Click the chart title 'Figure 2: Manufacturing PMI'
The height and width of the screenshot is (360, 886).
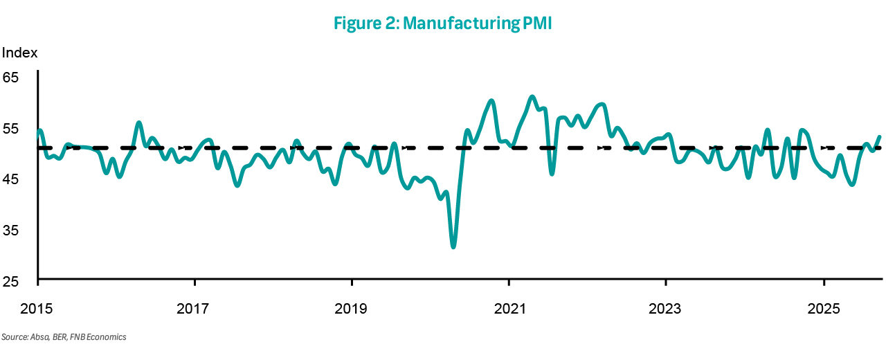coord(443,23)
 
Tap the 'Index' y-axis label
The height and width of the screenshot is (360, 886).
coord(19,53)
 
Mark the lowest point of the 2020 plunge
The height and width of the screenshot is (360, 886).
coord(453,246)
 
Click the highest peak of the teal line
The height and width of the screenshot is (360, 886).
coord(532,97)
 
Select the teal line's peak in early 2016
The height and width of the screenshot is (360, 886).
coord(139,123)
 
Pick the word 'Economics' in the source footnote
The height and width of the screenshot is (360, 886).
coord(109,337)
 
